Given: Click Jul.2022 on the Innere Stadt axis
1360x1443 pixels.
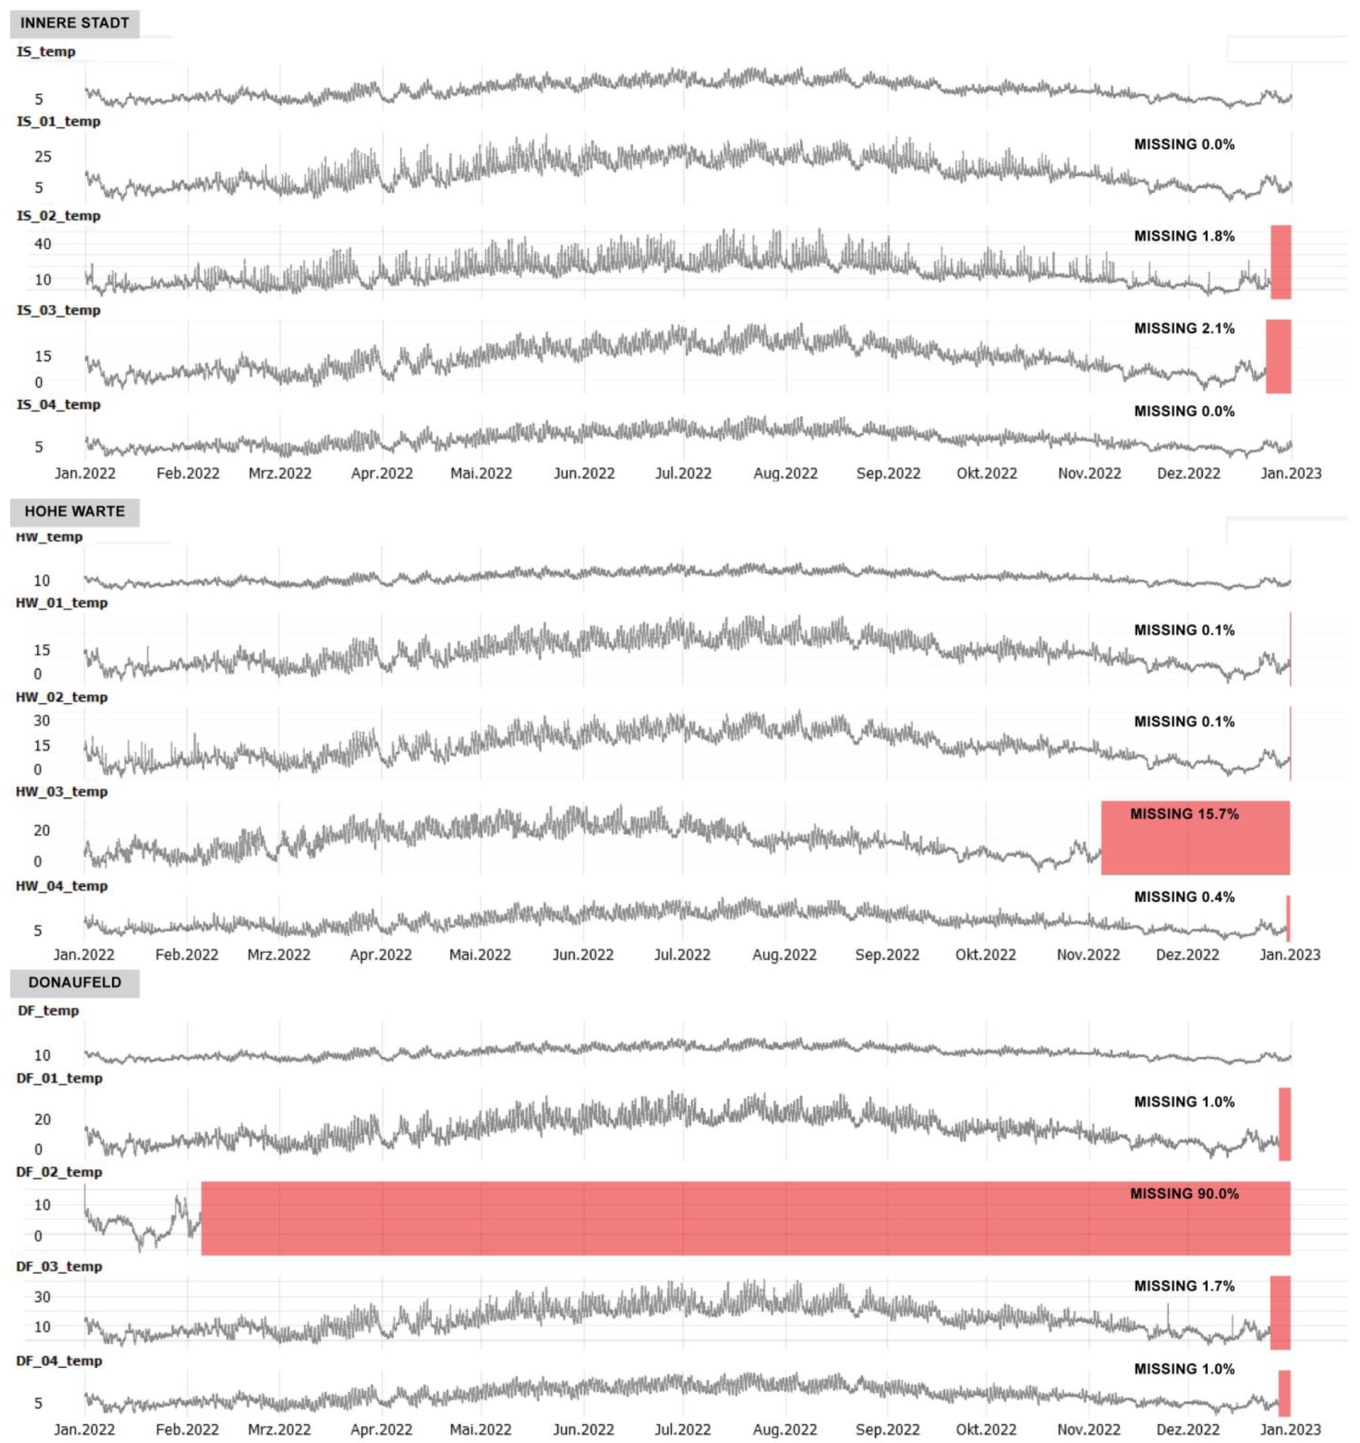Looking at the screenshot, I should tap(683, 473).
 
